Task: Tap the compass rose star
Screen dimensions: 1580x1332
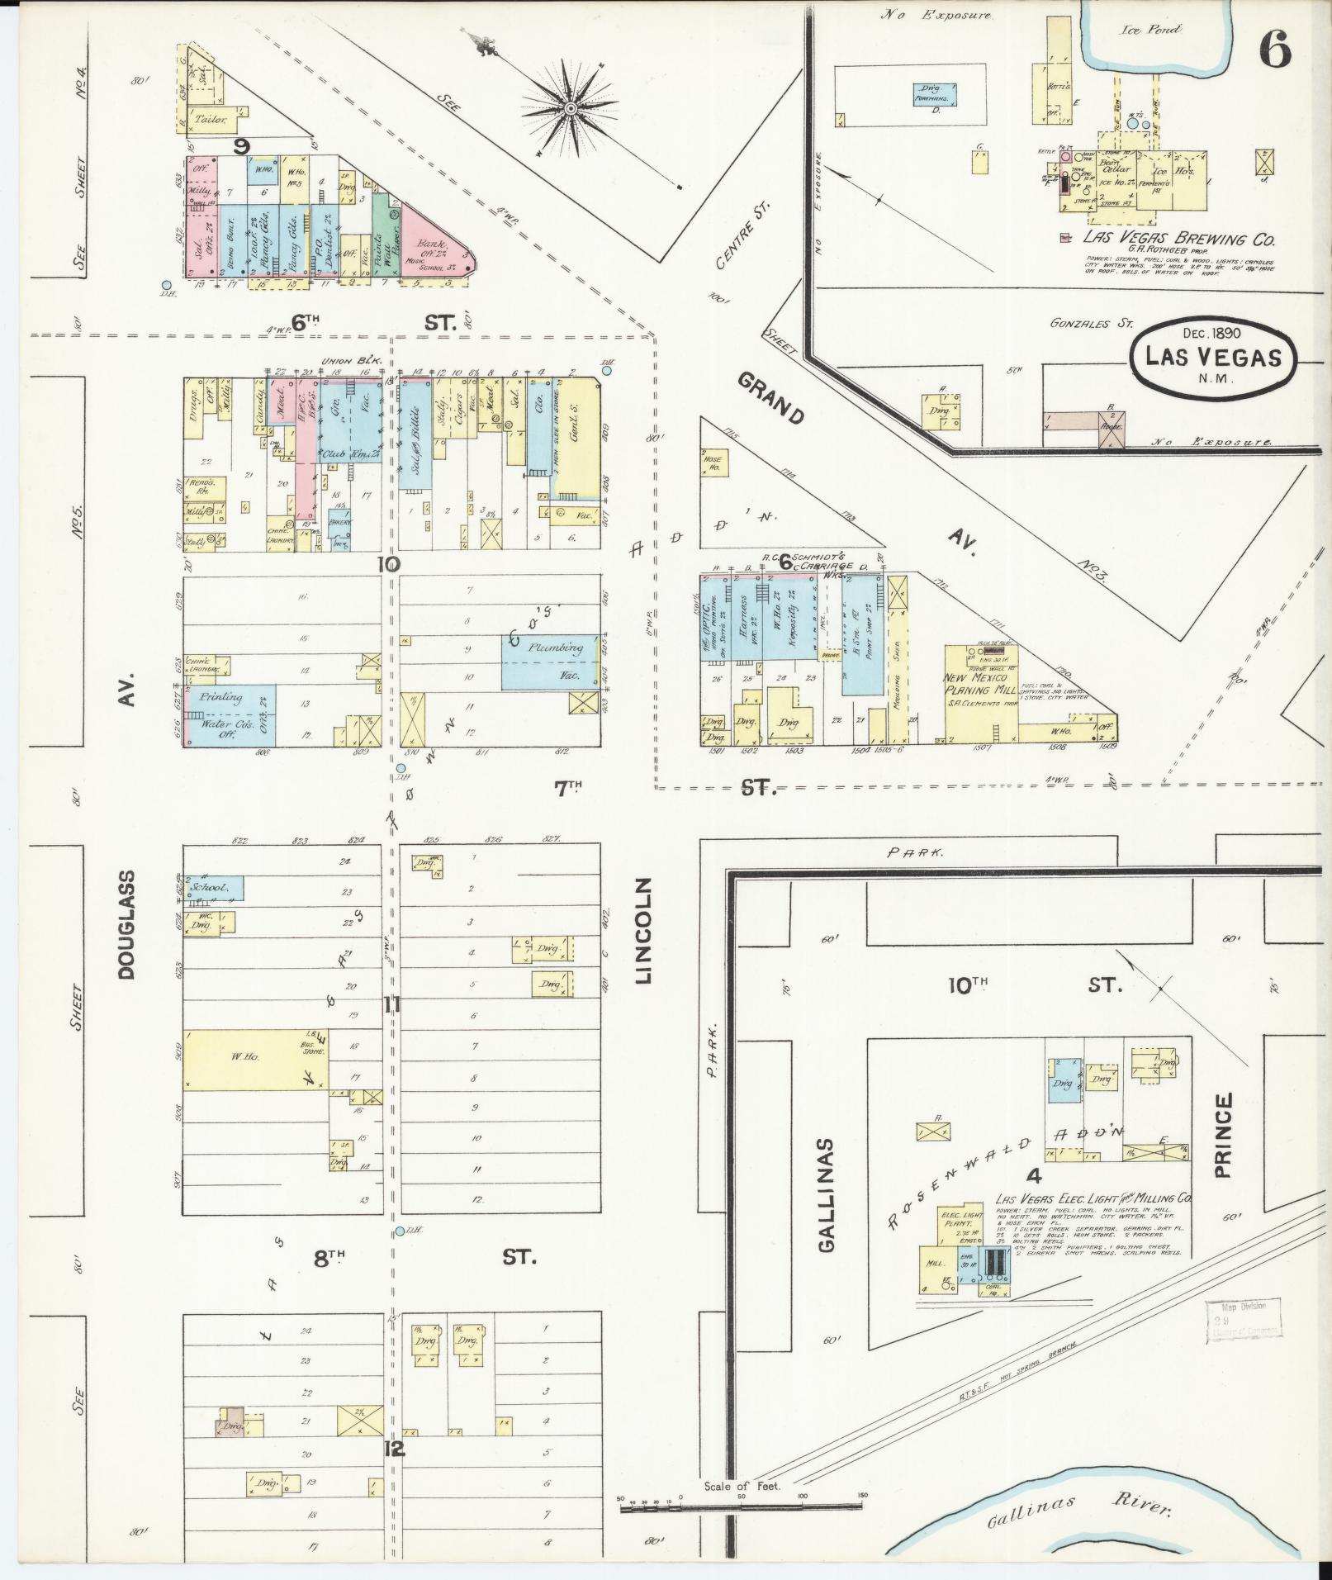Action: [570, 108]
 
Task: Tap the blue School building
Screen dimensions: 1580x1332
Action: [214, 888]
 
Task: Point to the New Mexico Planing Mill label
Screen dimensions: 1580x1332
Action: [981, 682]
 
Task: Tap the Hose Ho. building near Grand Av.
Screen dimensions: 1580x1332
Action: [710, 465]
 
